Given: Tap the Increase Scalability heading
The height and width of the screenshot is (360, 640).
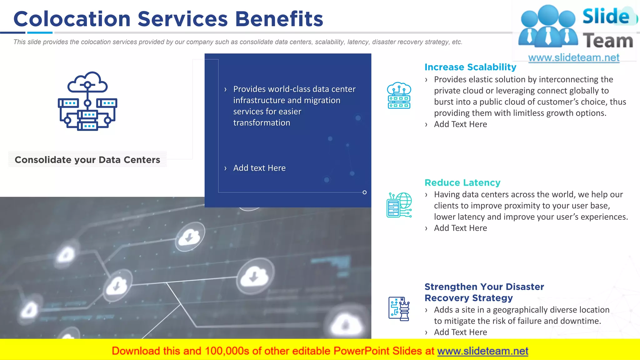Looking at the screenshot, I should coord(470,67).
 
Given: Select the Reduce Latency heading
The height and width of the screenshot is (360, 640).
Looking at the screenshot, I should coord(462,182).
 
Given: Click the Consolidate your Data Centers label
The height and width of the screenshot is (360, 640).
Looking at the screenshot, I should coord(87,160).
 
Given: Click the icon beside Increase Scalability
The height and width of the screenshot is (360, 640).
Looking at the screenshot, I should coord(399,96).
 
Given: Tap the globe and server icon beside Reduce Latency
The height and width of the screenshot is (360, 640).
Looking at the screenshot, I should coord(399,205).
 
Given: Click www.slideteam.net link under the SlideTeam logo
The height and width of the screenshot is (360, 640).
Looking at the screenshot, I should coord(573,58).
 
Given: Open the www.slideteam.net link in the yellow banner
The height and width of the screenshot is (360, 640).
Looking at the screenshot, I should coord(482,351).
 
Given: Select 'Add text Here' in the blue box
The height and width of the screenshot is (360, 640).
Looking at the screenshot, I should coord(259,168).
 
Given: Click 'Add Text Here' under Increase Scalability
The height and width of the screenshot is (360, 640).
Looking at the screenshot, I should coord(460,124).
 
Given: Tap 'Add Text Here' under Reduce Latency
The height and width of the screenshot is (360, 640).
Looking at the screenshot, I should coord(460,228).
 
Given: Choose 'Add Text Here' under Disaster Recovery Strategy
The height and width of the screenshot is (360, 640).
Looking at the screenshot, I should coord(460,332).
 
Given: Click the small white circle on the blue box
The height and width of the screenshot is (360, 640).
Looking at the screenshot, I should coord(364,192).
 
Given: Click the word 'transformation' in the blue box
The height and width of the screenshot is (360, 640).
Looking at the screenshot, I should coord(262,123).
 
